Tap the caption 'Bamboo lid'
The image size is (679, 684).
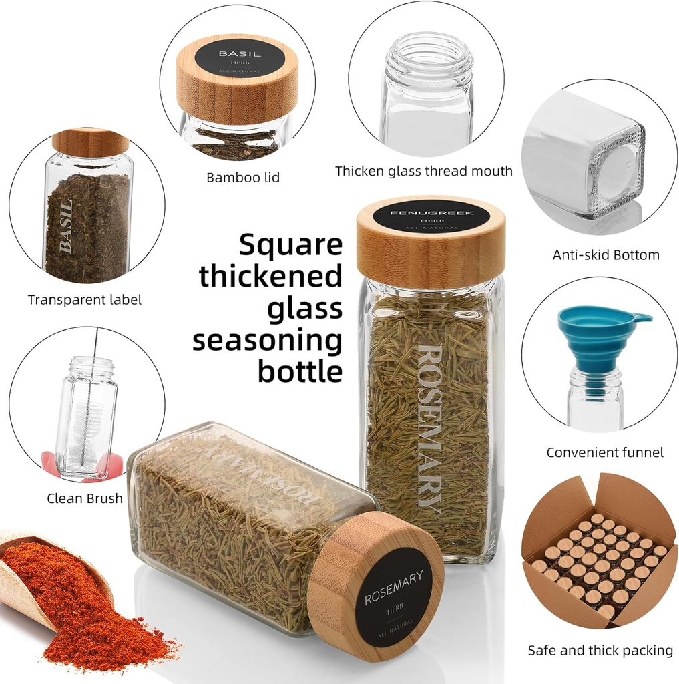click(x=243, y=178)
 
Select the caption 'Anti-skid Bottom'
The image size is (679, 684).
click(x=606, y=254)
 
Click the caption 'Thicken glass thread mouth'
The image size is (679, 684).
click(x=424, y=171)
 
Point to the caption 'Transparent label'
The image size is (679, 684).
click(x=85, y=300)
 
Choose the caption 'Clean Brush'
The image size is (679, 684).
click(x=85, y=498)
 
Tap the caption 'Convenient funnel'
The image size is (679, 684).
click(x=605, y=453)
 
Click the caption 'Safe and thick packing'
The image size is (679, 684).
click(x=600, y=650)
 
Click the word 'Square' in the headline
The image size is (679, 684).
click(x=290, y=245)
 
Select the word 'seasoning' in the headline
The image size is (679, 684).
click(x=267, y=341)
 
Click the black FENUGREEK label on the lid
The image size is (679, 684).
click(x=431, y=218)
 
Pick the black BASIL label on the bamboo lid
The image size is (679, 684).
click(x=240, y=61)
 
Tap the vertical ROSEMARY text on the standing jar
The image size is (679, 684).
click(x=429, y=427)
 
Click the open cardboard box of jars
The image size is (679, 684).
click(x=599, y=554)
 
